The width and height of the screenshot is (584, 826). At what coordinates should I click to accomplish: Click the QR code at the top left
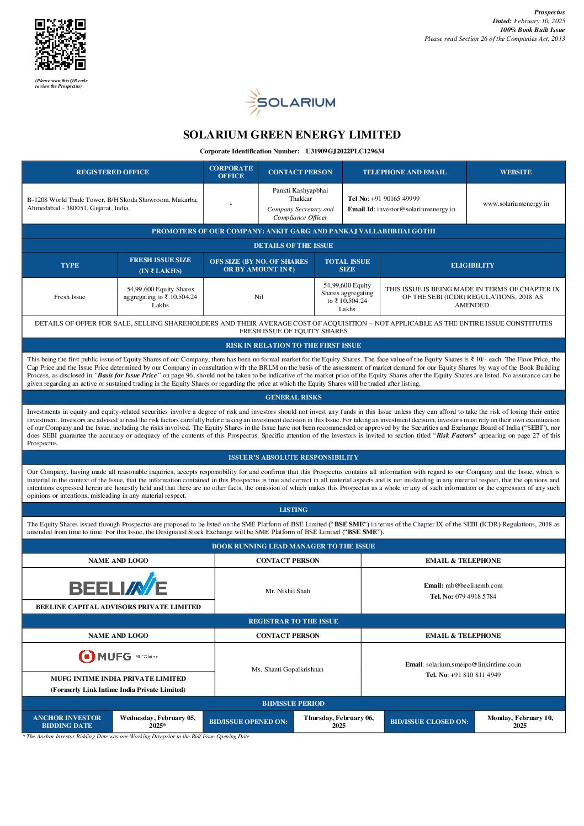(x=60, y=44)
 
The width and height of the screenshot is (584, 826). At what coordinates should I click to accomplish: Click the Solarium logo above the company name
(x=290, y=102)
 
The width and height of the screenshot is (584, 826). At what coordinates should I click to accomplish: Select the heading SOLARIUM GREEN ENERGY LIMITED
(x=292, y=135)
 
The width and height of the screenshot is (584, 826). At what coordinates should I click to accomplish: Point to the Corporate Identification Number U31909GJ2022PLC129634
(x=344, y=151)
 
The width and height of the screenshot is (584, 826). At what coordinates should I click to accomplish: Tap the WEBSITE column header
(x=516, y=172)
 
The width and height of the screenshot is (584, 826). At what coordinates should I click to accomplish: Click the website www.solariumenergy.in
(x=516, y=204)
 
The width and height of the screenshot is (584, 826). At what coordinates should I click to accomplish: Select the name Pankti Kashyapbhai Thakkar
(x=300, y=194)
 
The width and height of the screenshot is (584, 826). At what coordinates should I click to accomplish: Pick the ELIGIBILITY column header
(x=472, y=265)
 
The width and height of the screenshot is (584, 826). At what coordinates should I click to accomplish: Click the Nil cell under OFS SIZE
(x=259, y=297)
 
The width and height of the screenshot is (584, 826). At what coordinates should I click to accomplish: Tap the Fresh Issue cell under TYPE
(x=70, y=297)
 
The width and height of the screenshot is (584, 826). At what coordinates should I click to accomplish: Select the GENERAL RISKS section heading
(x=293, y=397)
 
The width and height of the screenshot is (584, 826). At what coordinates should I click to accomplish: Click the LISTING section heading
(x=293, y=510)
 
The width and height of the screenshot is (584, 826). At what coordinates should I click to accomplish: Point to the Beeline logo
(x=118, y=584)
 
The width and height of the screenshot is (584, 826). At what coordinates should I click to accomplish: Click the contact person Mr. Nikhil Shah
(x=288, y=591)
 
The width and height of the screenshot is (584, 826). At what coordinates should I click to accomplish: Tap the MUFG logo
(x=118, y=657)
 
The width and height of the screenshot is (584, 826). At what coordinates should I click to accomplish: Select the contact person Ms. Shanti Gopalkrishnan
(x=288, y=669)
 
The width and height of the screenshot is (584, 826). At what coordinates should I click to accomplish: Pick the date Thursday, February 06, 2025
(x=339, y=722)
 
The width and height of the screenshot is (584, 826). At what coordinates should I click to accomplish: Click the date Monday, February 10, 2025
(x=520, y=722)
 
